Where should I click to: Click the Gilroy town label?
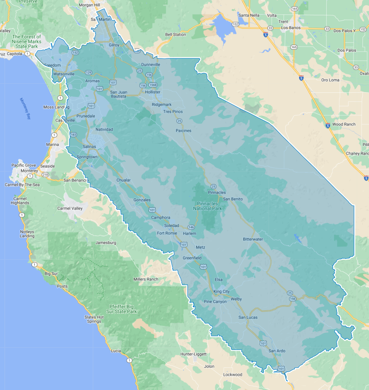[114, 45]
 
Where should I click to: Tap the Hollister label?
[153, 92]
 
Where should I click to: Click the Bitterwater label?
[253, 239]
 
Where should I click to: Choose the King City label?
[222, 292]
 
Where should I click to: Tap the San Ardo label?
[277, 351]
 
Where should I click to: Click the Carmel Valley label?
[70, 208]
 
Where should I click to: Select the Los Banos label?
[291, 28]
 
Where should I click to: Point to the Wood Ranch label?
[344, 124]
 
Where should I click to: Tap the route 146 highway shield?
[191, 227]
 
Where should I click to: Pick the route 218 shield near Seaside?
[45, 175]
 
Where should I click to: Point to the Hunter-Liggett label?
[194, 354]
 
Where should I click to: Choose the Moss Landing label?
[54, 107]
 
